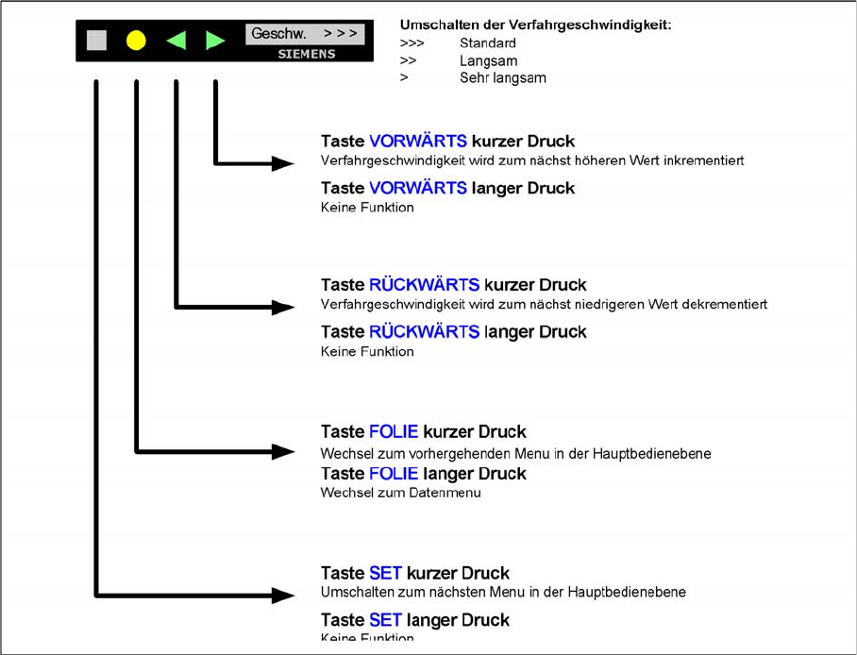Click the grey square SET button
click(x=96, y=41)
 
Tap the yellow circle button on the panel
click(x=136, y=41)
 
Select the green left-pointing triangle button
click(x=176, y=41)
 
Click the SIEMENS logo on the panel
click(x=306, y=55)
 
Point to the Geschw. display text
click(x=278, y=34)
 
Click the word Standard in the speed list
click(x=488, y=43)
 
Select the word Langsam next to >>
click(x=488, y=61)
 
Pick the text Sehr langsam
click(x=503, y=78)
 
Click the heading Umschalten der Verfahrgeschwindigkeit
click(x=535, y=25)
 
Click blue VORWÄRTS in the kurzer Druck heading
click(x=417, y=142)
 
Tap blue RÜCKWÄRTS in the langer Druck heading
click(x=424, y=332)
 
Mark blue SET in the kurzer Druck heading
click(x=385, y=574)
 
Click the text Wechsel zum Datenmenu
click(x=400, y=493)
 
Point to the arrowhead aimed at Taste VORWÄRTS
click(x=283, y=163)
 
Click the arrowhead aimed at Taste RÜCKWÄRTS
click(x=283, y=307)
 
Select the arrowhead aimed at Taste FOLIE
click(x=283, y=452)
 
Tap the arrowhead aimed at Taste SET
click(x=283, y=596)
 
